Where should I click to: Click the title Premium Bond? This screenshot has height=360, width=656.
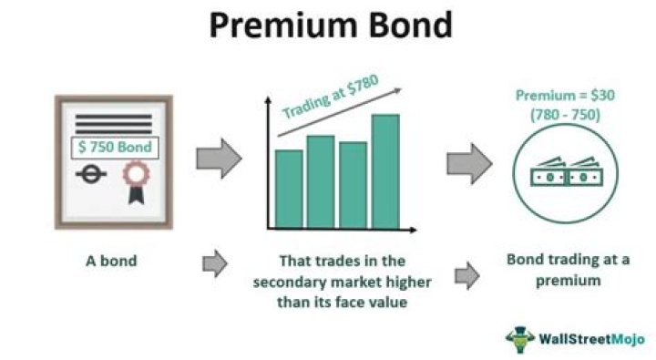(x=329, y=25)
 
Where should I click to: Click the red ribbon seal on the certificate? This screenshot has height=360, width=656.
(x=137, y=176)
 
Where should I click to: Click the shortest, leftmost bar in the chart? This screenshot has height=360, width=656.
(x=288, y=189)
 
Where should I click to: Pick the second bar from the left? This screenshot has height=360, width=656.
(x=321, y=181)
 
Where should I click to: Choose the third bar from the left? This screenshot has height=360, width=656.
(x=353, y=185)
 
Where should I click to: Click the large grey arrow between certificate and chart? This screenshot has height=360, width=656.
(x=220, y=159)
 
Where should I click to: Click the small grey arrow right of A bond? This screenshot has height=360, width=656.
(x=214, y=263)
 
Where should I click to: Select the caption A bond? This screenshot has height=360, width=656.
(x=112, y=261)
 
